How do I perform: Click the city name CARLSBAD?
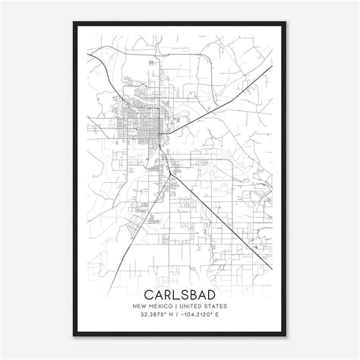(180, 293)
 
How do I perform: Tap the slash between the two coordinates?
(173, 316)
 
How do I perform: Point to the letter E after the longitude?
(226, 316)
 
